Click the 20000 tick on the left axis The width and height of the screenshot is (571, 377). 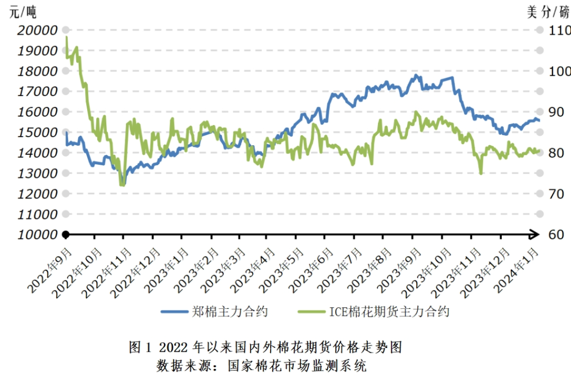38,30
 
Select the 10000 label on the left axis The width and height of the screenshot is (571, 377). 38,235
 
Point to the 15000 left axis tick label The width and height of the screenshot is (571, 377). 38,133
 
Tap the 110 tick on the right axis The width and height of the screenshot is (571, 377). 559,30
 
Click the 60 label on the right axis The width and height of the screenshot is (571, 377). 555,235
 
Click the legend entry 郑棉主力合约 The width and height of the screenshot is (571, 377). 229,312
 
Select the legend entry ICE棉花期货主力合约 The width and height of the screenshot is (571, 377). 389,312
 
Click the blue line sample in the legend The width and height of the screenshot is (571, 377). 174,312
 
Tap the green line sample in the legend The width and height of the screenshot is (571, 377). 311,312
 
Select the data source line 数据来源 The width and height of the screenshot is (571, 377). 262,365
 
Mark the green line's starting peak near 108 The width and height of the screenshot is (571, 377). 66,37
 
